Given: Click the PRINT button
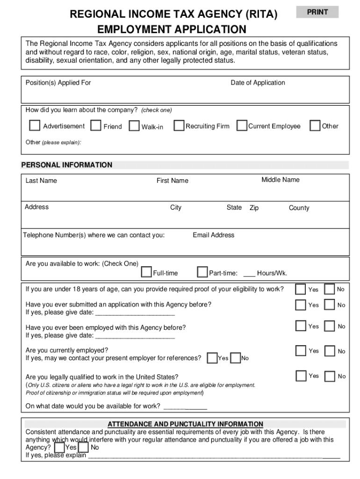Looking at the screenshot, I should (317, 12).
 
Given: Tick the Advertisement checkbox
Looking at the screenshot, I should (35, 126).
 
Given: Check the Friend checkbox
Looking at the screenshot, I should (96, 126).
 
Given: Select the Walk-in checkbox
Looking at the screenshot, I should (134, 126).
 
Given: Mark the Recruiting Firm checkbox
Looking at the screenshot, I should (179, 126).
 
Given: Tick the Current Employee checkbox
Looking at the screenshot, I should (242, 126).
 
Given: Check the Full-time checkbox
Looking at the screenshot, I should (146, 272).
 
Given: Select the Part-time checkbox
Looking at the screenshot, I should (202, 272).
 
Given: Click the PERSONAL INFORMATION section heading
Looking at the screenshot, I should (67, 165).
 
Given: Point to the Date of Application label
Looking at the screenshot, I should (258, 83).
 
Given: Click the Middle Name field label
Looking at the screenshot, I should (281, 180).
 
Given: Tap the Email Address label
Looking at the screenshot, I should (214, 235).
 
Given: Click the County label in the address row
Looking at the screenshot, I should (299, 208).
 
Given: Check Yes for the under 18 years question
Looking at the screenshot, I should (300, 290).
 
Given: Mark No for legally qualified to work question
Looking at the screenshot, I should (330, 376).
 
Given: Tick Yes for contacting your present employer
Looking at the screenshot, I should (212, 358).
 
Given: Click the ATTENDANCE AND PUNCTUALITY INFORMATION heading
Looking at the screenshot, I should (186, 424).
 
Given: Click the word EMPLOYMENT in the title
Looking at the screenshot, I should (132, 30).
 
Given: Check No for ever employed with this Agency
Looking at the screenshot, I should (330, 326).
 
